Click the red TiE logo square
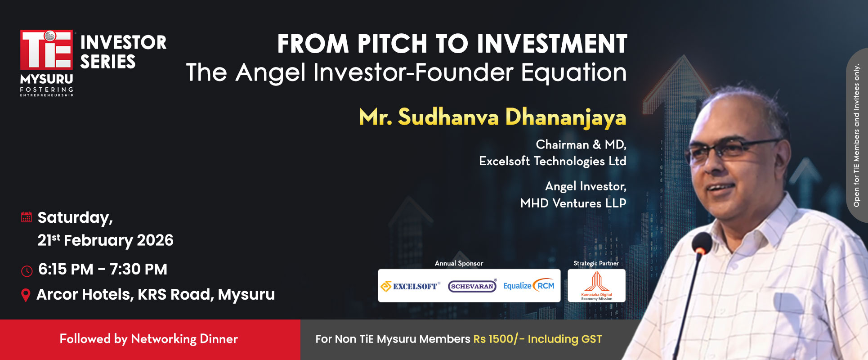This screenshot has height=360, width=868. pyautogui.click(x=46, y=49)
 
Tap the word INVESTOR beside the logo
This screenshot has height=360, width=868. pyautogui.click(x=123, y=43)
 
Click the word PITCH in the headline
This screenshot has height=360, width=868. pyautogui.click(x=392, y=44)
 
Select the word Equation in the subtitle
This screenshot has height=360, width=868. pyautogui.click(x=573, y=72)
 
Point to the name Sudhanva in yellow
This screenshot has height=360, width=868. pyautogui.click(x=448, y=117)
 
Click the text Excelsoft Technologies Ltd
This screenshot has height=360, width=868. pyautogui.click(x=553, y=161)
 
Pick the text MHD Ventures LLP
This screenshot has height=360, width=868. pyautogui.click(x=573, y=203)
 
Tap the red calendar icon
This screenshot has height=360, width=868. pyautogui.click(x=27, y=217)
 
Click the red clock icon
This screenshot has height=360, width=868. pyautogui.click(x=27, y=271)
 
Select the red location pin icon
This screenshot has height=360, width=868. pyautogui.click(x=26, y=295)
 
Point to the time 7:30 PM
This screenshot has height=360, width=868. pyautogui.click(x=139, y=269)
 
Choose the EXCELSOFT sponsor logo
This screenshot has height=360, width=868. pyautogui.click(x=410, y=286)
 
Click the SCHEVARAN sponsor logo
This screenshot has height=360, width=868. pyautogui.click(x=472, y=286)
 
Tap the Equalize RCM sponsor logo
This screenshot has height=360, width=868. pyautogui.click(x=529, y=285)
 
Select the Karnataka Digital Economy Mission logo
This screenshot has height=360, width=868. pyautogui.click(x=596, y=286)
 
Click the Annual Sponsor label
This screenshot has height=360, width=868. pyautogui.click(x=459, y=263)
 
